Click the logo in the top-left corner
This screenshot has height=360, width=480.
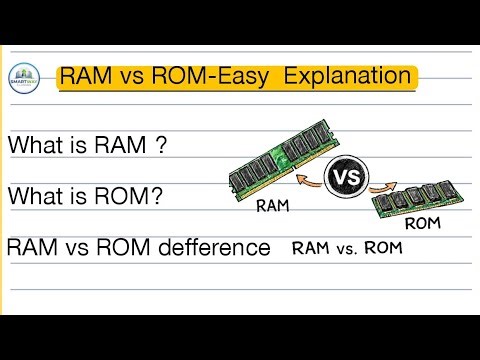click(25, 78)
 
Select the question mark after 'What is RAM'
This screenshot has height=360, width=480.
click(160, 144)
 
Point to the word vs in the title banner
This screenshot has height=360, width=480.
click(131, 77)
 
